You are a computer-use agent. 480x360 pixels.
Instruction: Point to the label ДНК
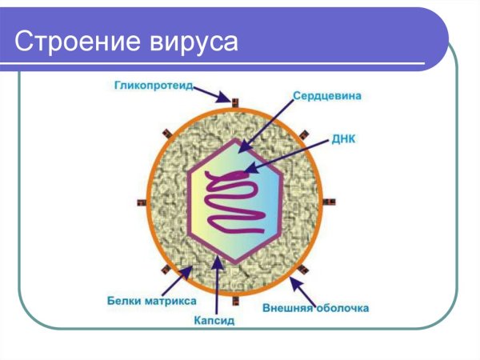tap(343, 139)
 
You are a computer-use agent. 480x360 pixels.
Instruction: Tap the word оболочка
tap(345, 307)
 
